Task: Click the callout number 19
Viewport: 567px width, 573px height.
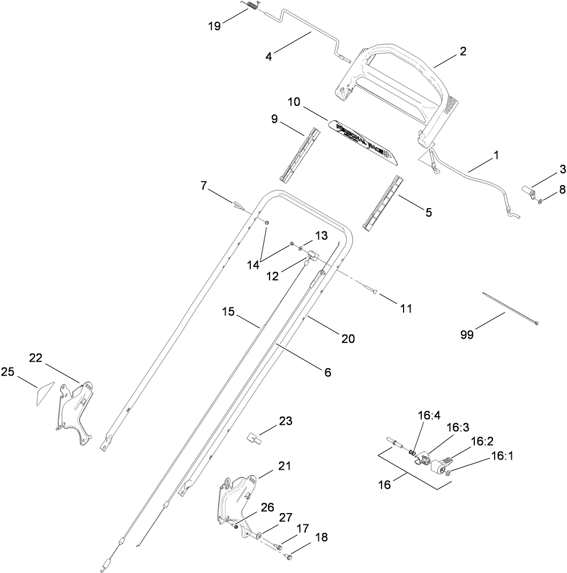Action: tap(214, 26)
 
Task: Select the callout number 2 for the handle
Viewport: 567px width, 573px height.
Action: tap(462, 51)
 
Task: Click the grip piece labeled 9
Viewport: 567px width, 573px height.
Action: tap(300, 155)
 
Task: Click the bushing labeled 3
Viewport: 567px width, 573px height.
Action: tap(528, 193)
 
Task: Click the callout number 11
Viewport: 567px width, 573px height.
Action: tap(406, 308)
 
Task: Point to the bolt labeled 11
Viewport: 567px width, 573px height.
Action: tap(370, 291)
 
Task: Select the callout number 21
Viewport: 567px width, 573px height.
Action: tap(283, 465)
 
